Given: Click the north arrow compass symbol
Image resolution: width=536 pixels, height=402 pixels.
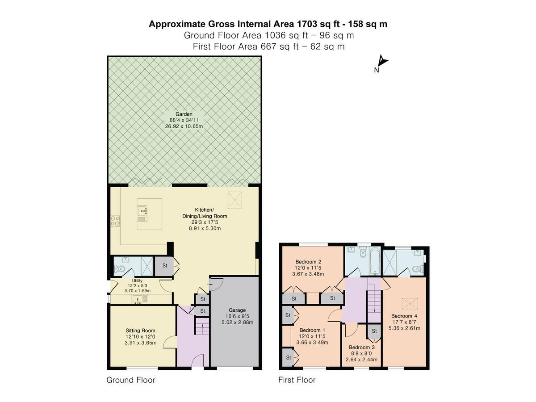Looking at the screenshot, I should coord(381,61).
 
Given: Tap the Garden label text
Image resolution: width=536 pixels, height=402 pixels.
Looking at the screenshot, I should coord(184,114).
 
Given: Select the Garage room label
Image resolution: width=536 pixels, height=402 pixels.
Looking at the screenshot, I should coord(238,310).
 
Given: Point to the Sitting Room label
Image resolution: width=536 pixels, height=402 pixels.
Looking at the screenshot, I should coord(141,331).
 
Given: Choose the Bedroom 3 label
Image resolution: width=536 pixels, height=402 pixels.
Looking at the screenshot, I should coord(361,347).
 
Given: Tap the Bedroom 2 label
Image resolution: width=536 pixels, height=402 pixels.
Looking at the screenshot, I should coord(309,262).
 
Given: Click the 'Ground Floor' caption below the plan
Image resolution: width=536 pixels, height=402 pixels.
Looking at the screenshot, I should coord(131,380).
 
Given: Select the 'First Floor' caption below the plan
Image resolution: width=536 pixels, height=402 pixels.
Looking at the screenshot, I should coord(297,380).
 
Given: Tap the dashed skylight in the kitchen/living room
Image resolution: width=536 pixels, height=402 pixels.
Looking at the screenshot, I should coord(235,200).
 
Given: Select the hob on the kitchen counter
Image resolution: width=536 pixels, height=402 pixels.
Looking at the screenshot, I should coord(115,222).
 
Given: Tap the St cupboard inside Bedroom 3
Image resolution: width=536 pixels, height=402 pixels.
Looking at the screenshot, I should coord(374,331).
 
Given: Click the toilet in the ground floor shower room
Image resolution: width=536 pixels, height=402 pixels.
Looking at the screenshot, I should coord(119,268).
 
